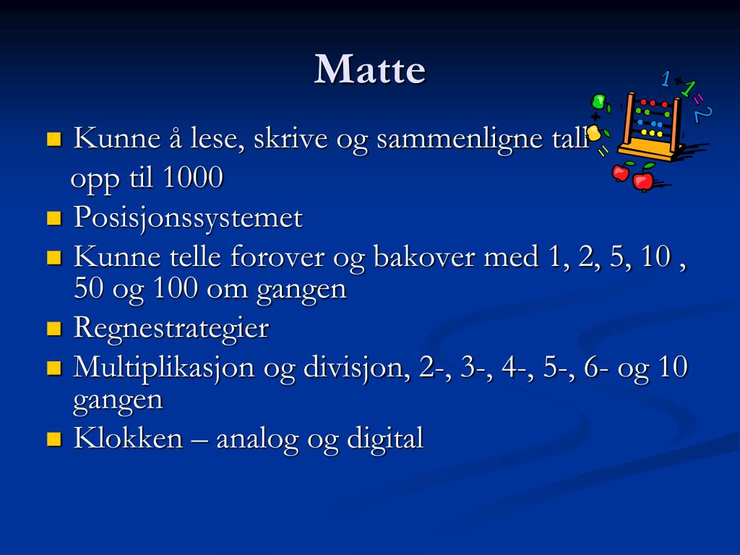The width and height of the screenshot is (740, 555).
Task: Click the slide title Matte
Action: [x=369, y=70]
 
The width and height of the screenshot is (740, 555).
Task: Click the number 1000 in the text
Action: [x=193, y=178]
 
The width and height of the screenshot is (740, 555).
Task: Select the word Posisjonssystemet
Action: [x=188, y=218]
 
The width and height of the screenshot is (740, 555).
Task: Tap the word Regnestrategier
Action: [x=171, y=328]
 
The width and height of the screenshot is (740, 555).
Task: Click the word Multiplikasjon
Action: [x=164, y=367]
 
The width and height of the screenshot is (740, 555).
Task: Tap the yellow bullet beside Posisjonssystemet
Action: [x=54, y=218]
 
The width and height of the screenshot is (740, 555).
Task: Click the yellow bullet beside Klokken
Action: [x=54, y=439]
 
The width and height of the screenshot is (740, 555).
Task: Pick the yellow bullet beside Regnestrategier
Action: [x=54, y=329]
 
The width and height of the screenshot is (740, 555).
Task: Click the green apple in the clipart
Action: [x=599, y=102]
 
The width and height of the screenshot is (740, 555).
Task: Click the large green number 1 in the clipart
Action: [x=689, y=89]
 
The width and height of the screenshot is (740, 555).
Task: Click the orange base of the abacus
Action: [x=654, y=150]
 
